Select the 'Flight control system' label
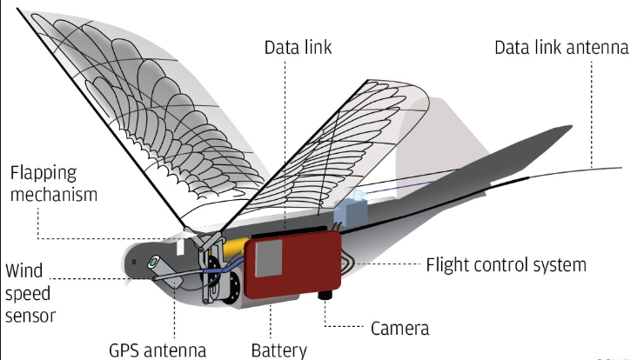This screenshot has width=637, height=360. pyautogui.click(x=506, y=263)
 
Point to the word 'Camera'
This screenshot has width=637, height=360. pyautogui.click(x=399, y=329)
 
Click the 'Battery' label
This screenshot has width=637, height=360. pyautogui.click(x=278, y=350)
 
